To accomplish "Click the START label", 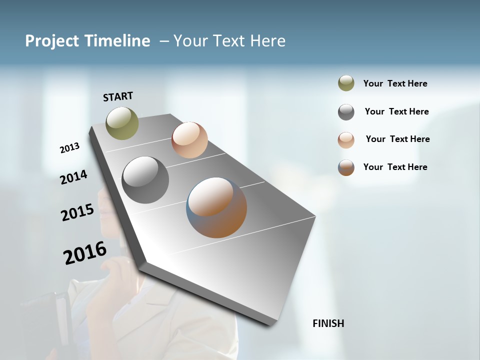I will (x=118, y=96).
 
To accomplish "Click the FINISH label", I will (x=328, y=323).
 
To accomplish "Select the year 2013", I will (x=69, y=148).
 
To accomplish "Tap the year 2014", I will (x=73, y=177).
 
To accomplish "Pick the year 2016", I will (x=85, y=253).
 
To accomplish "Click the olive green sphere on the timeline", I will (x=122, y=123).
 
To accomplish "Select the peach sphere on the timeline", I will (x=189, y=140).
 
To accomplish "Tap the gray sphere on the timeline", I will (x=145, y=180).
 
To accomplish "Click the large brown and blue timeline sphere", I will (x=216, y=207).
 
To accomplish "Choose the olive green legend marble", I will (x=346, y=83).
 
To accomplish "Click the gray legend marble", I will (x=346, y=112).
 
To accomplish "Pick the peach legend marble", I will (x=346, y=140).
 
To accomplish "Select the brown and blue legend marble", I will (x=346, y=167).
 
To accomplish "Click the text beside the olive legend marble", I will (x=395, y=84).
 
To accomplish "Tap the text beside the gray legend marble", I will (x=396, y=111).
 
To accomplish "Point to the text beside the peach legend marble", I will (x=397, y=139).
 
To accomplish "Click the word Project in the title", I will (x=52, y=41).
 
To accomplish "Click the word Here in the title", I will (x=267, y=41).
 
